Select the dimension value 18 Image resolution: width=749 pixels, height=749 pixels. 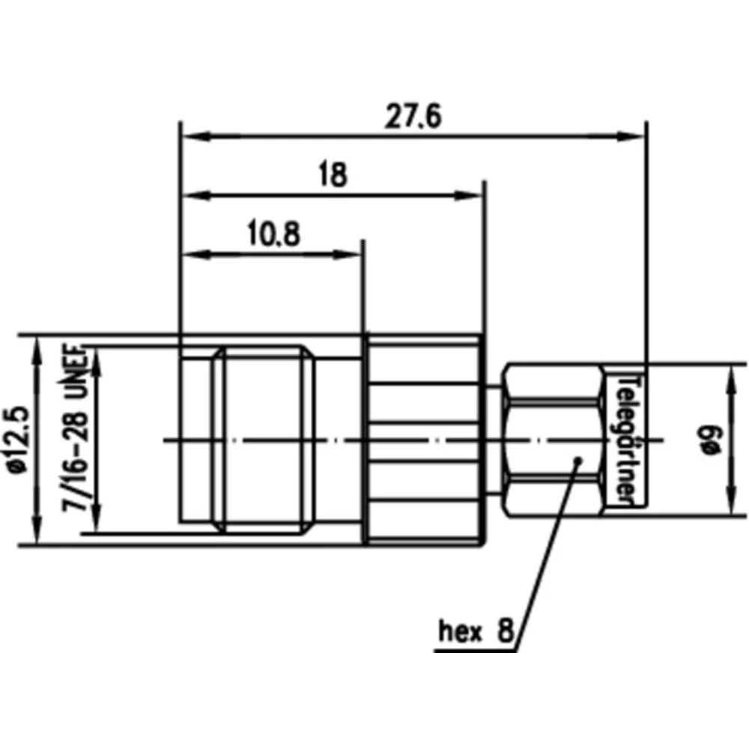pos(332,175)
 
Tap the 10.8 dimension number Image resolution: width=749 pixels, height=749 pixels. pos(272,234)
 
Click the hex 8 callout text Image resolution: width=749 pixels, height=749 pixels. pos(476,631)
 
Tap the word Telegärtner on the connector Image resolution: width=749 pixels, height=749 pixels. pos(627,440)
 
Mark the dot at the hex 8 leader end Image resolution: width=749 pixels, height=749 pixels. pos(577,460)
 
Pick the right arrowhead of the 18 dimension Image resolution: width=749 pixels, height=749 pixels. pos(475,195)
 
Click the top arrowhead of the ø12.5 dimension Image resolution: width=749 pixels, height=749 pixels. pos(36,345)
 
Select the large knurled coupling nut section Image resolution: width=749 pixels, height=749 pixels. pos(423,440)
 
